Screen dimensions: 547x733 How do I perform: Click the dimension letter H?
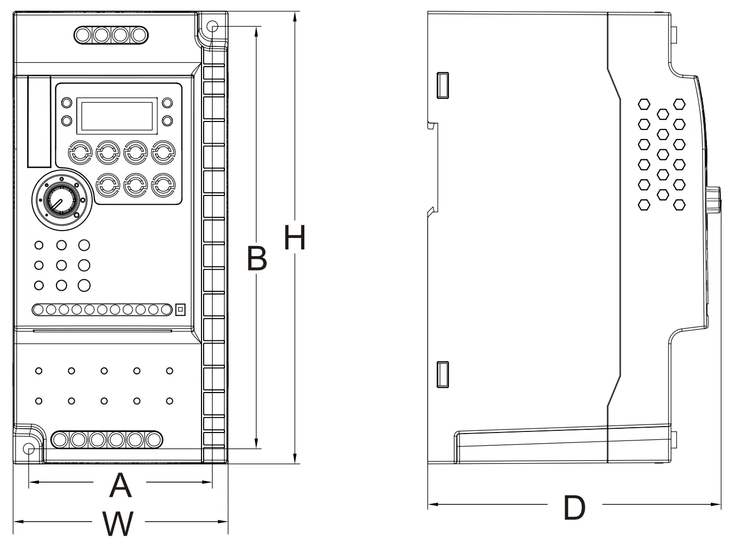tap(295, 238)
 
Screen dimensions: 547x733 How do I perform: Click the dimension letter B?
tap(256, 258)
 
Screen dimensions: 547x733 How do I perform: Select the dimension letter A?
tap(120, 485)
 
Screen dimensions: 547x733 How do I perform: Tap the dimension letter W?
tap(118, 524)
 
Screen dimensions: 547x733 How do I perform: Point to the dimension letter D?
tap(574, 508)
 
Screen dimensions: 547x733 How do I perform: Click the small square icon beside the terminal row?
tap(180, 309)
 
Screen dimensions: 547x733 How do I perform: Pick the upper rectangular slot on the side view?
tap(442, 85)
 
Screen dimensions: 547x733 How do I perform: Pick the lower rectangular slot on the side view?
tap(442, 374)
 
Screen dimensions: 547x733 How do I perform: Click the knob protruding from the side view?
tap(714, 201)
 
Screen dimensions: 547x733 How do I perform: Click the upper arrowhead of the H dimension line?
tap(295, 16)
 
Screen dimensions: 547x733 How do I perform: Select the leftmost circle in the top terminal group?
tap(83, 35)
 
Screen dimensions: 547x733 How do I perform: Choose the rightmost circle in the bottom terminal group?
tap(154, 439)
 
